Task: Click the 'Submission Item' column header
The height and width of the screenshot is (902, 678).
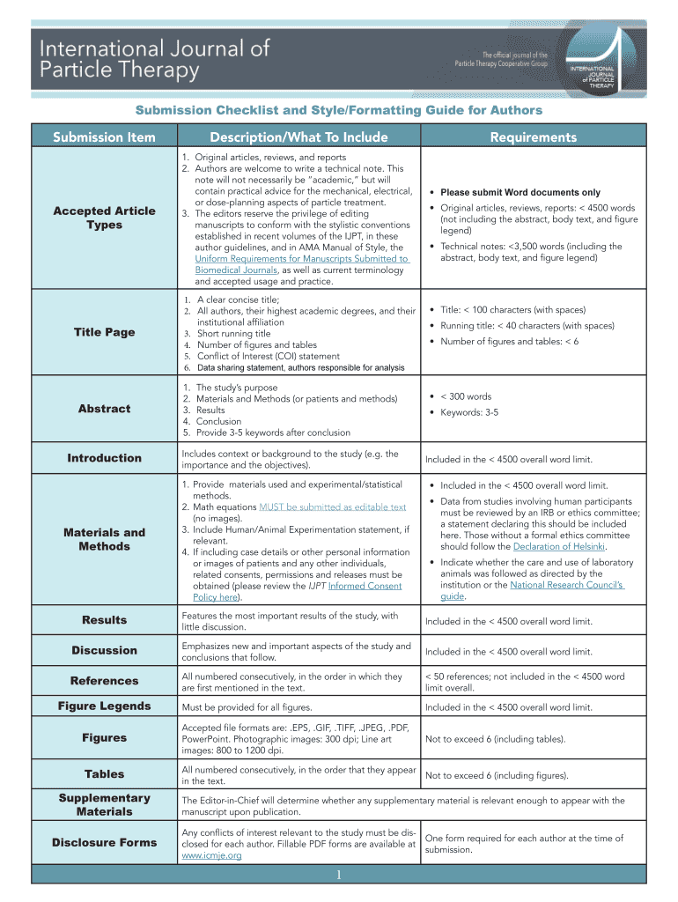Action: tap(104, 137)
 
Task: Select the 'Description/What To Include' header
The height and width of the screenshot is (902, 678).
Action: tap(298, 137)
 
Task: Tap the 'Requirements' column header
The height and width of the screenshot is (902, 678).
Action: tap(534, 137)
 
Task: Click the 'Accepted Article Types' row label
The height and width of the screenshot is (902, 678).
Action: tap(104, 218)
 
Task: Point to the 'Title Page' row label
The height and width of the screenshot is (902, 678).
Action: tap(104, 332)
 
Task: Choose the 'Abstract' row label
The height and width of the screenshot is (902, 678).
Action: tap(104, 409)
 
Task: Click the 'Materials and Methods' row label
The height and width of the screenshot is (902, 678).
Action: tap(104, 539)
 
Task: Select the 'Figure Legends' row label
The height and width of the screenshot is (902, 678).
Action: tap(104, 706)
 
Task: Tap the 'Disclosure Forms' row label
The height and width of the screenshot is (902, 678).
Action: tap(104, 843)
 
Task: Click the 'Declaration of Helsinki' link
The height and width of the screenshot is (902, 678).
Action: tap(560, 546)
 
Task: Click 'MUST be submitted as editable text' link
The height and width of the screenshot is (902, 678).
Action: tap(333, 506)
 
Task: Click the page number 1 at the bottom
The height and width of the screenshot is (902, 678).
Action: tap(339, 874)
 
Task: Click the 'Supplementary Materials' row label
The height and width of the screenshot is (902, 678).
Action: tap(104, 805)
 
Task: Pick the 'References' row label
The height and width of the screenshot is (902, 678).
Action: tap(104, 681)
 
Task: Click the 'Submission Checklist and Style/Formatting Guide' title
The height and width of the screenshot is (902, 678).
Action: tap(338, 110)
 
